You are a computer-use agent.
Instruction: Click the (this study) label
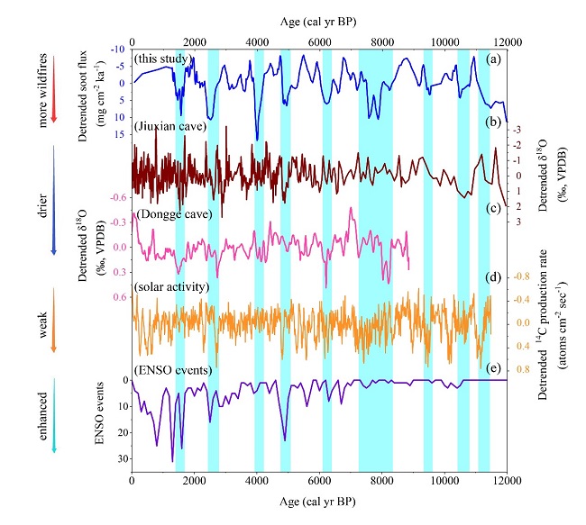pos(163,59)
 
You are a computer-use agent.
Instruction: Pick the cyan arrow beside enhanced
pos(55,413)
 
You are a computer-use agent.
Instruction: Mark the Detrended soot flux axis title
pos(94,92)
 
